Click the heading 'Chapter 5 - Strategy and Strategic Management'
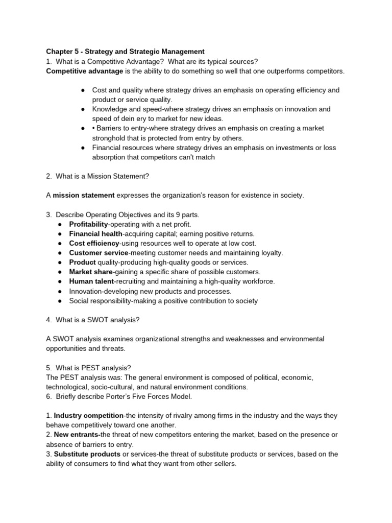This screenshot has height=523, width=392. coord(125,52)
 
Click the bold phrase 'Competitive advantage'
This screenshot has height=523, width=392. coord(84,71)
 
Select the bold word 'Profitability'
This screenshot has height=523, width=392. coord(88,224)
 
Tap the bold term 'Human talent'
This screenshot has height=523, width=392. coord(90,281)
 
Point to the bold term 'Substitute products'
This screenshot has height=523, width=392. coord(87,454)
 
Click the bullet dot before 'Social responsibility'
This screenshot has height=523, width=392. coord(60,301)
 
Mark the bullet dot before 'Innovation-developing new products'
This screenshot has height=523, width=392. coord(60,292)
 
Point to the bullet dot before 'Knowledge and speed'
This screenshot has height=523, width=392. coord(83,109)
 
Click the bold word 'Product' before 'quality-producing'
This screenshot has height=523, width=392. coord(82,263)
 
